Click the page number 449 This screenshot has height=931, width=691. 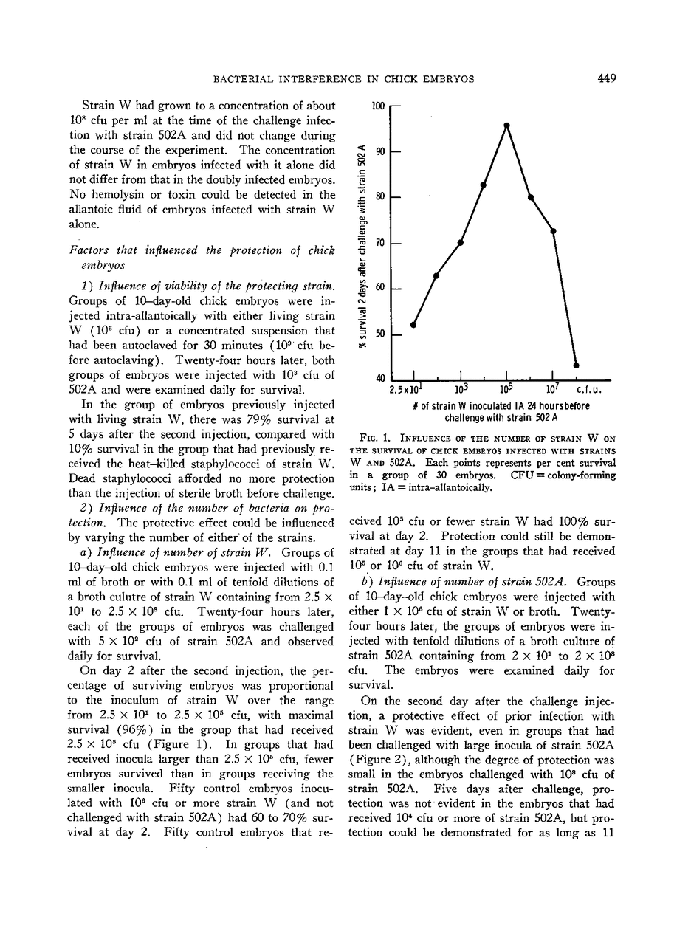click(x=607, y=79)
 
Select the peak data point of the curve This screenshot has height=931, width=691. click(x=507, y=126)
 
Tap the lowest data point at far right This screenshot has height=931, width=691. click(x=577, y=365)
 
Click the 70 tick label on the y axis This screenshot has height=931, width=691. click(x=381, y=242)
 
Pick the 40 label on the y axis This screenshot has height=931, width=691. click(x=381, y=379)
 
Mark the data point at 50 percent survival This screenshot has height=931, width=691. click(x=413, y=325)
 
